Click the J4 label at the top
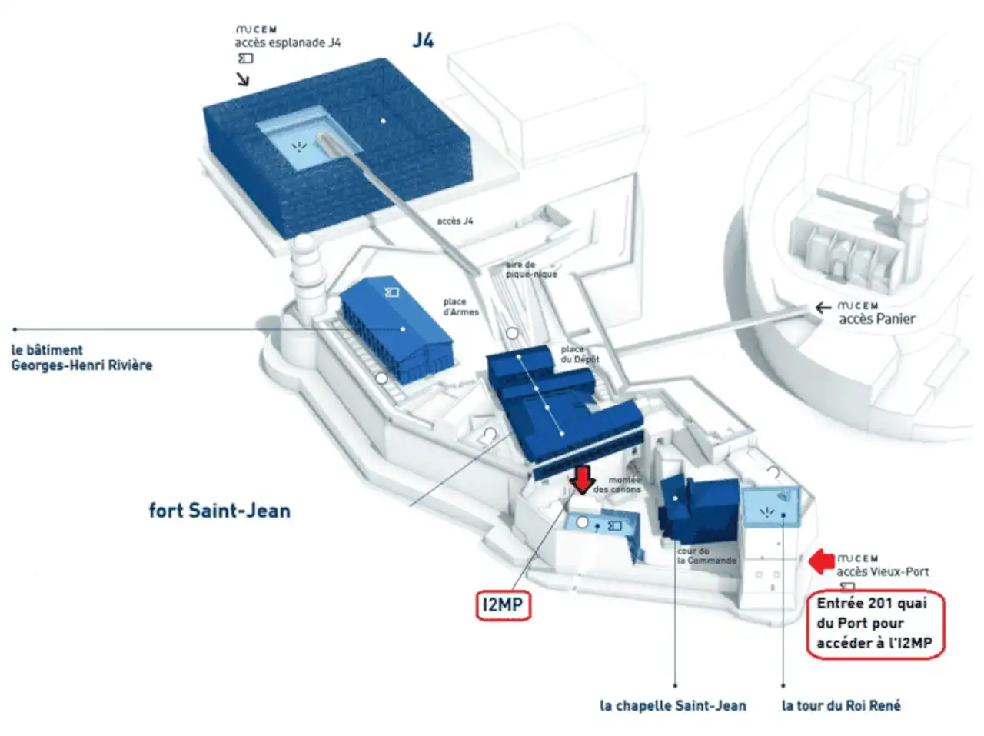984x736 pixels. pyautogui.click(x=423, y=40)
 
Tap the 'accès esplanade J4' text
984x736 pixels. pyautogui.click(x=288, y=43)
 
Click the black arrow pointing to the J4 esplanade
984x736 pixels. pyautogui.click(x=243, y=78)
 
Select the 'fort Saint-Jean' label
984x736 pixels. pyautogui.click(x=219, y=511)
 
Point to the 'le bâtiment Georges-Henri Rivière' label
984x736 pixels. pyautogui.click(x=81, y=358)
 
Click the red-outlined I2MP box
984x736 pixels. pyautogui.click(x=503, y=605)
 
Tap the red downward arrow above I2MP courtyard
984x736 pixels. pyautogui.click(x=583, y=478)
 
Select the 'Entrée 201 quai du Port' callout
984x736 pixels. pyautogui.click(x=875, y=624)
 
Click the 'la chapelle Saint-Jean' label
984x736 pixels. pyautogui.click(x=673, y=705)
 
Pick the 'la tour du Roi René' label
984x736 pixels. pyautogui.click(x=841, y=705)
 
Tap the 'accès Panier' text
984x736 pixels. pyautogui.click(x=876, y=318)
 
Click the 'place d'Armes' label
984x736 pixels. pyautogui.click(x=460, y=307)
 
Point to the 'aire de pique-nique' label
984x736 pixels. pyautogui.click(x=531, y=269)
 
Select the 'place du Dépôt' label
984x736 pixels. pyautogui.click(x=580, y=355)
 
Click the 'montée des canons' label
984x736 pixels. pyautogui.click(x=617, y=485)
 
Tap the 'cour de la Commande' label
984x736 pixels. pyautogui.click(x=706, y=556)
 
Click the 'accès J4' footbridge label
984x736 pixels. pyautogui.click(x=455, y=221)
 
